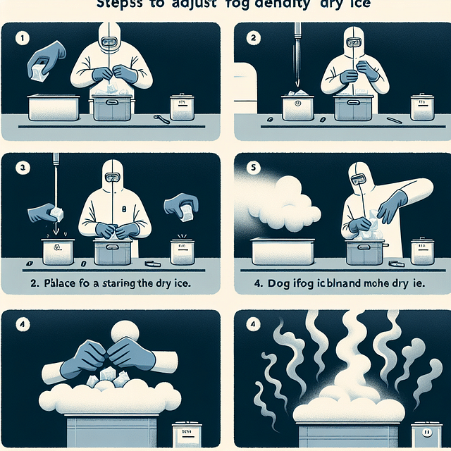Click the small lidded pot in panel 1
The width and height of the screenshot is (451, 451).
coord(182,107)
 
